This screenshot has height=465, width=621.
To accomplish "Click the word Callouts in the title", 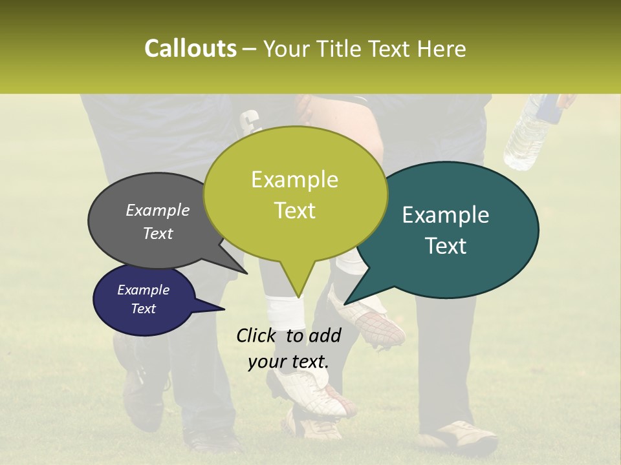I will click(190, 48).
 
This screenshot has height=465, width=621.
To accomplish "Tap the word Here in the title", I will click(442, 49).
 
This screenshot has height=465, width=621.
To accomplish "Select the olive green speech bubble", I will click(295, 194).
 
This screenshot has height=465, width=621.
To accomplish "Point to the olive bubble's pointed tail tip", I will click(298, 297).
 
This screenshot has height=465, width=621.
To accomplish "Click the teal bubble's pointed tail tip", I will click(345, 304).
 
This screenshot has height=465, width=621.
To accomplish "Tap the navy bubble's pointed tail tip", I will click(224, 309).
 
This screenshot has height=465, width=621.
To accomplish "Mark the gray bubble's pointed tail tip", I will click(248, 273).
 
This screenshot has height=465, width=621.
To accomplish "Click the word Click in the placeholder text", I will click(257, 335).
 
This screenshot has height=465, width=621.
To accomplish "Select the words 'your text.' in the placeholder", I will click(289, 362).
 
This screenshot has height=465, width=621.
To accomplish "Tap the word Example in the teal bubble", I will click(446, 215).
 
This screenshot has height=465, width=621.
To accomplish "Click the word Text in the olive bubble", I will click(295, 211).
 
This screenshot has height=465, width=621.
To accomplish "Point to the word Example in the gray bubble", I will click(157, 211).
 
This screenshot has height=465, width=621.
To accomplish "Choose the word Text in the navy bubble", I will click(144, 309).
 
